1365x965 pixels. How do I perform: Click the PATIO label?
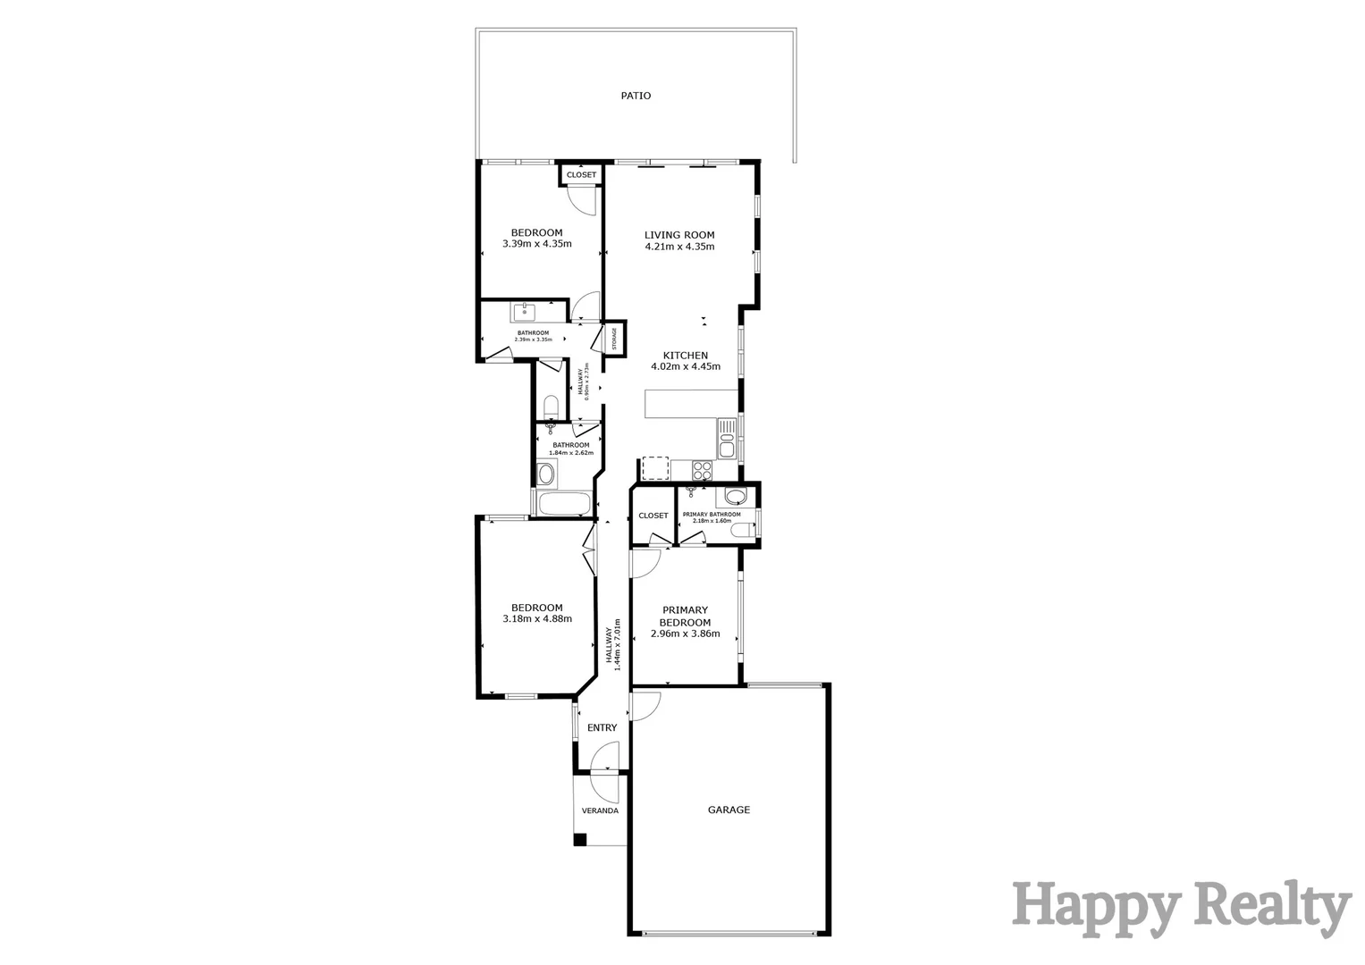[x=636, y=96]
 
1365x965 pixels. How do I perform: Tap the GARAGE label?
[x=729, y=810]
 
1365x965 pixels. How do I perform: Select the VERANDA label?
[x=600, y=811]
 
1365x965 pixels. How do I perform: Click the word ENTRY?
[x=602, y=728]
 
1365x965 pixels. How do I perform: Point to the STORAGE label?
[x=614, y=339]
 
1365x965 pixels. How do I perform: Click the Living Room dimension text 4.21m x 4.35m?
[x=679, y=247]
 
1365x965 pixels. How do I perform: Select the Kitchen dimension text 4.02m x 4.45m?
[x=685, y=366]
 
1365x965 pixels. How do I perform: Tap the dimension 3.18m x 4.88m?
[x=536, y=619]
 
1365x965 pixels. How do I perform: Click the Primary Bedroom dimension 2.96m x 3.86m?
[x=685, y=634]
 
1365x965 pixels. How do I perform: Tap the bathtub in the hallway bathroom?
[x=564, y=504]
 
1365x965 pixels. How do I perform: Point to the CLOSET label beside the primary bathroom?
[x=653, y=516]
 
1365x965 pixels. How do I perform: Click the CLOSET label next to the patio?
[x=581, y=175]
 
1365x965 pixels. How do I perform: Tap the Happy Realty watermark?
[x=1181, y=908]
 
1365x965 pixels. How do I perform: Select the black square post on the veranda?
[x=580, y=840]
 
